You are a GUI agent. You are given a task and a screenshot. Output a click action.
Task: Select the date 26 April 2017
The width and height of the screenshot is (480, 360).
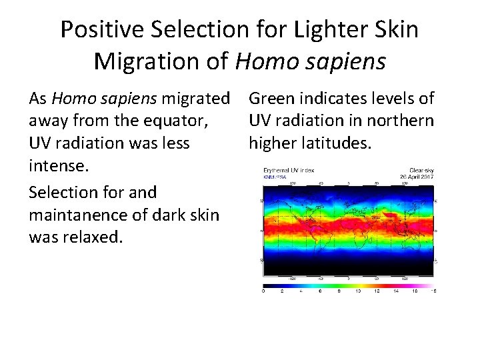(x=418, y=176)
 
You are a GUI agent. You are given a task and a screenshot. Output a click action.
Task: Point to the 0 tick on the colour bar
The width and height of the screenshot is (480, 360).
(x=264, y=291)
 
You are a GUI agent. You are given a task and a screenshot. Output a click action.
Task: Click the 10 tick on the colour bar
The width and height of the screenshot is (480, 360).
(x=357, y=291)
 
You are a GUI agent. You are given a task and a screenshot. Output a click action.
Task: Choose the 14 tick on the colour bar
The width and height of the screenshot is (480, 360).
(x=396, y=291)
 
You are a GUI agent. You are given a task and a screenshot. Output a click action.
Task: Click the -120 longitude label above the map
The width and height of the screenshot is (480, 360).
(x=291, y=183)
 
